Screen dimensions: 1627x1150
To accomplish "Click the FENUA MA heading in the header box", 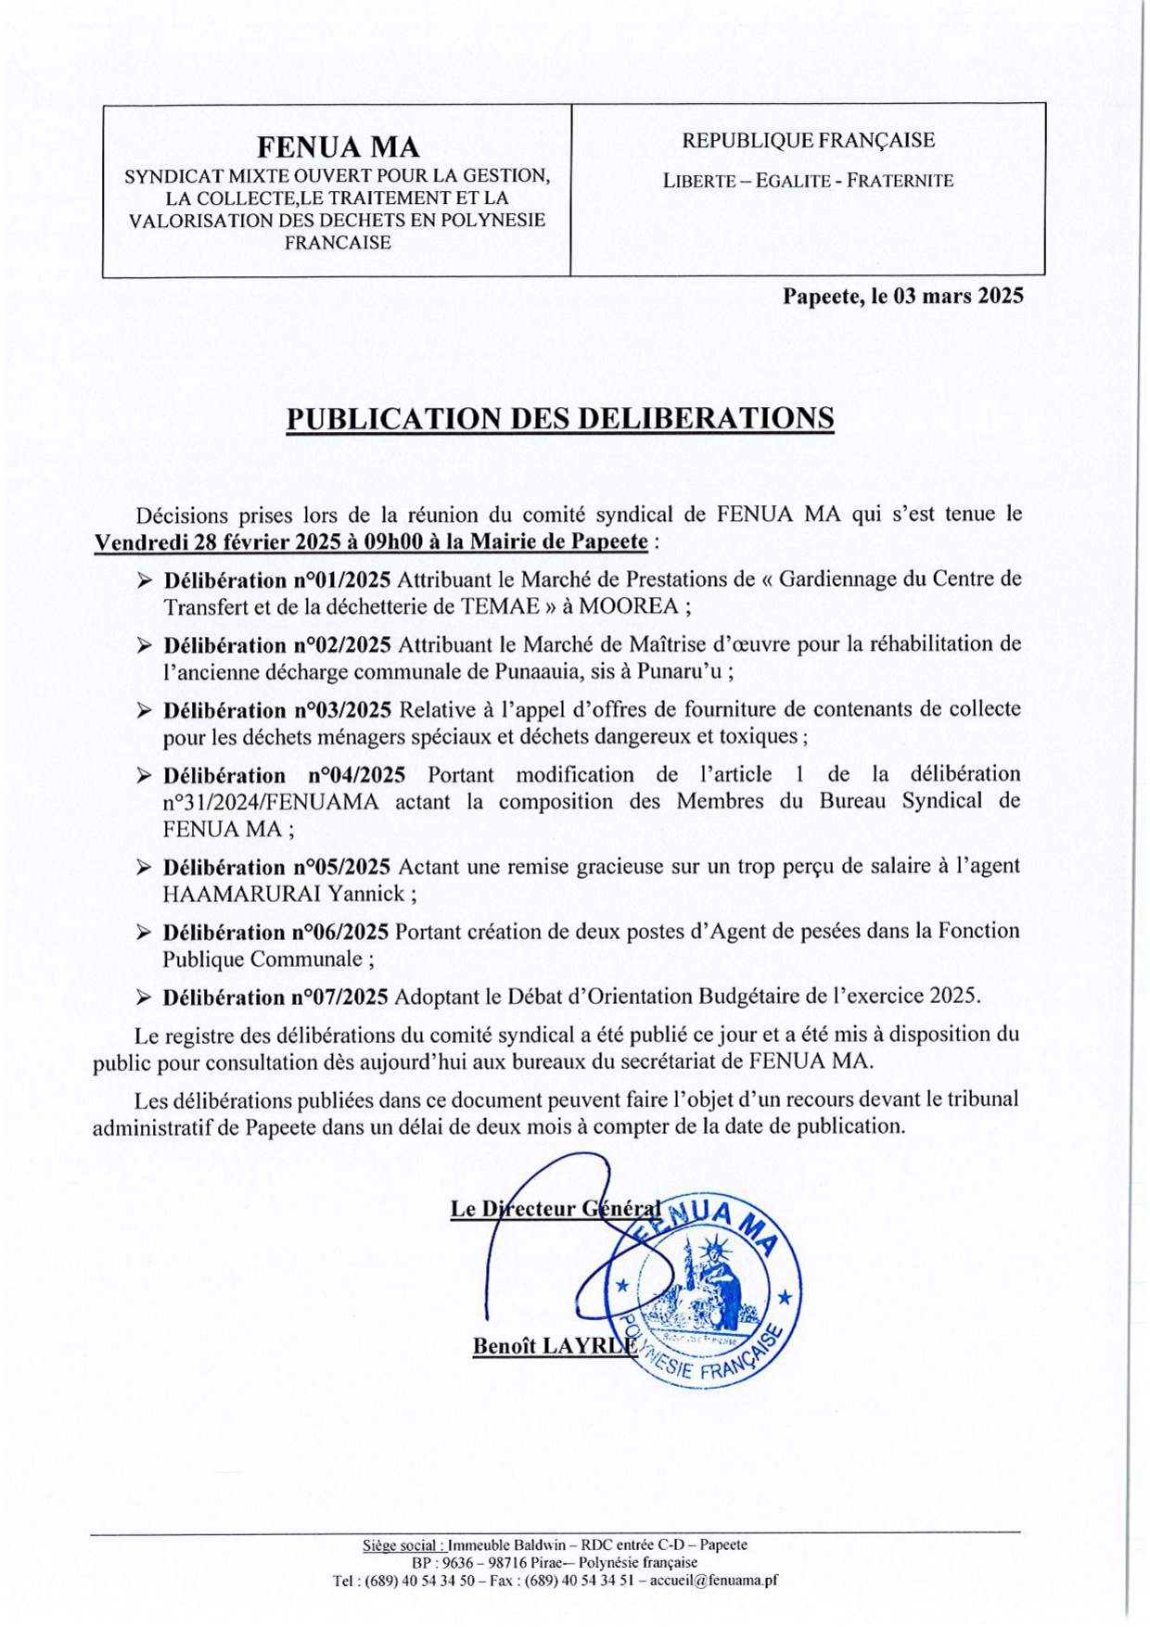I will tap(338, 147).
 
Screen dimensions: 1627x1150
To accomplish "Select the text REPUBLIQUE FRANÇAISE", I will tap(808, 140).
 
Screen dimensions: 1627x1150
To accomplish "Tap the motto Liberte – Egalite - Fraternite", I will tap(808, 181).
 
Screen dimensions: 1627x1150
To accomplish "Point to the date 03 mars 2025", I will tap(958, 296).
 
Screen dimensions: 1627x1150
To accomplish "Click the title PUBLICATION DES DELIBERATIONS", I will tap(559, 418).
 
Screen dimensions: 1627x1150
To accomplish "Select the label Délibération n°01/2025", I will tap(277, 580).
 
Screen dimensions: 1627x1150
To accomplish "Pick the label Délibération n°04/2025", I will tap(284, 775).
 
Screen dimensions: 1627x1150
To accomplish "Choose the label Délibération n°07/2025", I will tap(275, 998).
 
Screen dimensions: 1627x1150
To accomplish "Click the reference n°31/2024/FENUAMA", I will tap(270, 802).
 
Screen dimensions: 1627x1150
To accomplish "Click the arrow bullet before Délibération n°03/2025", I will tap(144, 711).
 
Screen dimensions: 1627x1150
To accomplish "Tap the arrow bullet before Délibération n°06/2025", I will tap(144, 933).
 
